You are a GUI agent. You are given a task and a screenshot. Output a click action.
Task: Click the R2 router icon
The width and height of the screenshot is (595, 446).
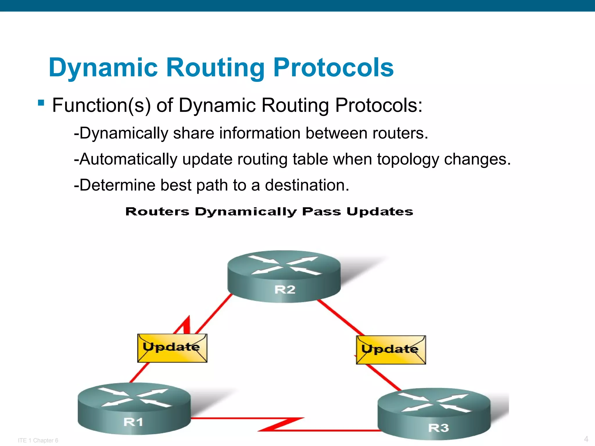pyautogui.click(x=284, y=276)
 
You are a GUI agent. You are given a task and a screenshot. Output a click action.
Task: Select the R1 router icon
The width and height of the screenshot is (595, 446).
pyautogui.click(x=134, y=408)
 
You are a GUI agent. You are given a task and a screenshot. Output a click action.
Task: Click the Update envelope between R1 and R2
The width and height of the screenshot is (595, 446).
pyautogui.click(x=172, y=348)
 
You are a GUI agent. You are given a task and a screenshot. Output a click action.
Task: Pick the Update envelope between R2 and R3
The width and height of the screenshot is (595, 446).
pyautogui.click(x=391, y=350)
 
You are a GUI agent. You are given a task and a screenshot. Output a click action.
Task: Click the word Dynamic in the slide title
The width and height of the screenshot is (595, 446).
pyautogui.click(x=103, y=68)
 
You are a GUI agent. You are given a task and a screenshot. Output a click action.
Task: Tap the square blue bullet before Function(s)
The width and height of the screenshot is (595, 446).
pyautogui.click(x=41, y=103)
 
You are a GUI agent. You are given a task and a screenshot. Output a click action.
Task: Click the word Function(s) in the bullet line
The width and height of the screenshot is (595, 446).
pyautogui.click(x=101, y=105)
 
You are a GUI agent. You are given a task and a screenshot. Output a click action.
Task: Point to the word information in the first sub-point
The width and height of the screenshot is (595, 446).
pyautogui.click(x=260, y=133)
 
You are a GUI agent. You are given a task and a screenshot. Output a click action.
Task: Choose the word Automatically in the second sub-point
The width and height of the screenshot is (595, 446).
pyautogui.click(x=128, y=159)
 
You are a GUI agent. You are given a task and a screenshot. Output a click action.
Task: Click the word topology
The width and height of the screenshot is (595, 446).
pyautogui.click(x=408, y=159)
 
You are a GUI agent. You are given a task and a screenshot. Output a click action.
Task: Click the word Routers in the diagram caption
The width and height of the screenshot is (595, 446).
pyautogui.click(x=157, y=211)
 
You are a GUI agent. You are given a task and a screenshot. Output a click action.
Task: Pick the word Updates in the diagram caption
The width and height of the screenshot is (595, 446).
pyautogui.click(x=380, y=211)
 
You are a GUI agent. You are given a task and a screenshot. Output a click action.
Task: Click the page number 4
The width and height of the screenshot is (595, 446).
pyautogui.click(x=586, y=439)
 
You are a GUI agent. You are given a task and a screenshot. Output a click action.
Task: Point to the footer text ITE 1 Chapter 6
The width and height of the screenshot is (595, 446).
pyautogui.click(x=38, y=440)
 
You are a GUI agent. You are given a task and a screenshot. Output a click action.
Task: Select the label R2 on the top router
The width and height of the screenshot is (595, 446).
pyautogui.click(x=285, y=289)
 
